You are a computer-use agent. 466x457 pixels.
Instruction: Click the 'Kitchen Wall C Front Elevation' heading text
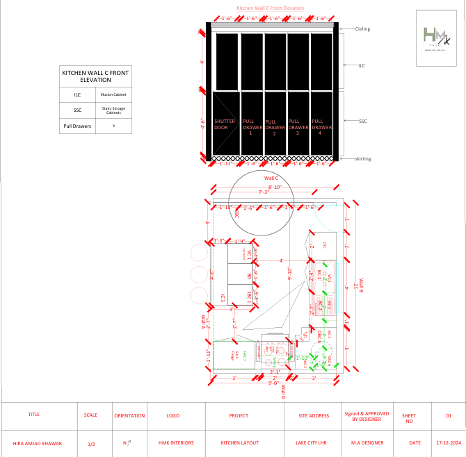(271, 8)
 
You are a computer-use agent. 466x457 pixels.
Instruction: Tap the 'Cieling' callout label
(362, 29)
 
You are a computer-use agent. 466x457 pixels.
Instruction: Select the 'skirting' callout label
(363, 159)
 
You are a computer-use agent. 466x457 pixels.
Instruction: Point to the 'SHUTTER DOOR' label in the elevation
(220, 124)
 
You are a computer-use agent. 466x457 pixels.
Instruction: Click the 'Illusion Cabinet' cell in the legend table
(113, 94)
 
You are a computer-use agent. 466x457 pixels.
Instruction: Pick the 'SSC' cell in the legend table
(77, 110)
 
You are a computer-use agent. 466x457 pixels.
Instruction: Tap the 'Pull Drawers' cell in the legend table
(77, 126)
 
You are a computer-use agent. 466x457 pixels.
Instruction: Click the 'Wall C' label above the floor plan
(262, 178)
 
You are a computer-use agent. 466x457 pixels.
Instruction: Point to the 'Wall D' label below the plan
(283, 392)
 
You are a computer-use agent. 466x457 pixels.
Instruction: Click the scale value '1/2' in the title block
(91, 443)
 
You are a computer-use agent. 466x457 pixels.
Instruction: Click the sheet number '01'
(448, 415)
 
